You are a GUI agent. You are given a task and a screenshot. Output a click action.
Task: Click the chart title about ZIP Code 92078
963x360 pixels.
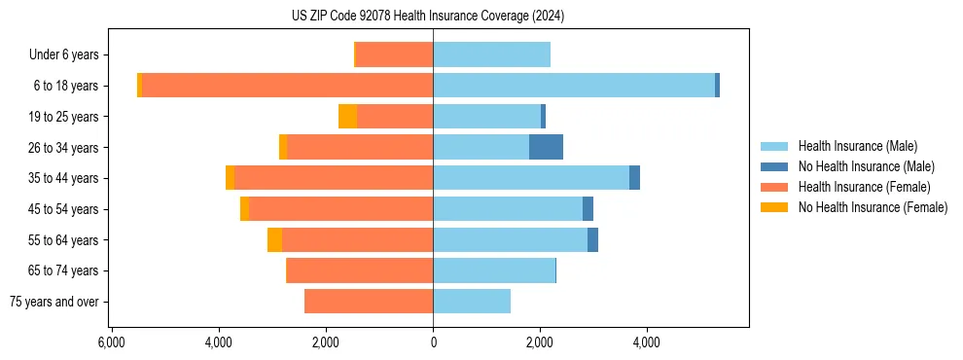tap(428, 17)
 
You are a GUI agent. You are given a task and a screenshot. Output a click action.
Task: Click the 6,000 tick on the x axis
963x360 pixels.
tap(111, 342)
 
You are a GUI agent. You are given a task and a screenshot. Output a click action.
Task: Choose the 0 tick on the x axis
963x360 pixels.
tap(433, 342)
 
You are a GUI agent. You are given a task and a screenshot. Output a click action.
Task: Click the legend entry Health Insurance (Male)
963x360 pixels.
tap(857, 146)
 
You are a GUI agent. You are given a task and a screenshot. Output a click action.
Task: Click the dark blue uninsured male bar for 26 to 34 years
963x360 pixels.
tap(546, 147)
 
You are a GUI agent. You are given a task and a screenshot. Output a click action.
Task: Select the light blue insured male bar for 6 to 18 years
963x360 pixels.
tap(574, 86)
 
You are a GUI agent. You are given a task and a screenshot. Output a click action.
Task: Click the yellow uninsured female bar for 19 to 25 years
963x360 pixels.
tap(347, 117)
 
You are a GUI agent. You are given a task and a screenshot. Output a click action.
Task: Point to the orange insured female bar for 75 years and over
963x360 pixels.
tap(369, 302)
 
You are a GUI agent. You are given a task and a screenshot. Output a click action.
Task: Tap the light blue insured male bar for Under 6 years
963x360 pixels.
tap(491, 54)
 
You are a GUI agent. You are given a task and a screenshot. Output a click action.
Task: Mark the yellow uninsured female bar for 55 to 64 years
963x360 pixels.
tap(274, 239)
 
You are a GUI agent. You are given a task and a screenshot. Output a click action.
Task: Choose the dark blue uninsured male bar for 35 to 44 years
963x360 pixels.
tap(634, 178)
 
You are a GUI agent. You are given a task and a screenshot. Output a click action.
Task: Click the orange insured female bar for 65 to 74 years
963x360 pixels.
tap(360, 270)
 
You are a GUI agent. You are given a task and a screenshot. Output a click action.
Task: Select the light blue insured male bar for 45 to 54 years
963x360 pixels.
tap(508, 209)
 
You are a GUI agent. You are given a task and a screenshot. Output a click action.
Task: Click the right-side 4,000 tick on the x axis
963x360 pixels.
tap(647, 342)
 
